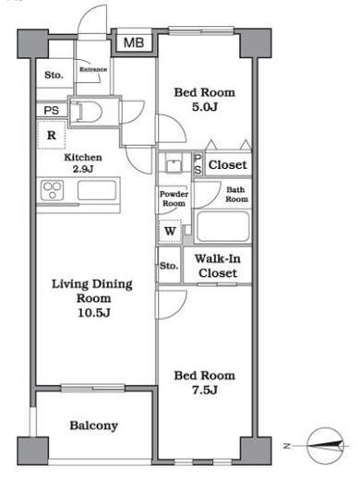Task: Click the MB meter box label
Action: point(134,42)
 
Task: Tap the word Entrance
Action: point(93,69)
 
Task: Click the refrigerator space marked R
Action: point(52,135)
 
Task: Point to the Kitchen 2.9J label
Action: point(83,162)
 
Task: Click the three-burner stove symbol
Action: point(52,190)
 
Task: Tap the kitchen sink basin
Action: point(97,190)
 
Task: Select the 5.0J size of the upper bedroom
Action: point(205,107)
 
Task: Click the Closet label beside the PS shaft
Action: point(228,165)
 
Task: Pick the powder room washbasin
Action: point(174,165)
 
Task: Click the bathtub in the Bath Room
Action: point(223,226)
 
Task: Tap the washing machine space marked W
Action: point(170,231)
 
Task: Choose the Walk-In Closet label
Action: point(218,266)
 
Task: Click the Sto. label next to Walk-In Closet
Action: point(169,266)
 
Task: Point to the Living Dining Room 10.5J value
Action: point(94,313)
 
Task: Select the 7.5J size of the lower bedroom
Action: point(205,390)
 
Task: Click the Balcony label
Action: point(94,426)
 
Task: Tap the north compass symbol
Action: point(326,446)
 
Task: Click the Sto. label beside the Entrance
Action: point(54,75)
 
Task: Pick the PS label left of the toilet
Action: point(52,110)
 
